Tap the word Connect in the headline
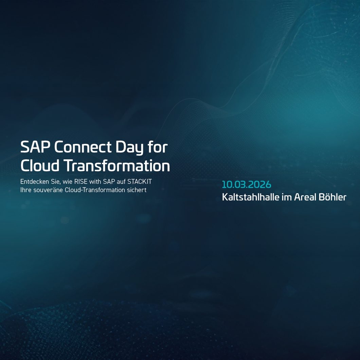point(83,147)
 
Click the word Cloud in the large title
point(40,166)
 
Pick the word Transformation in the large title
point(117,166)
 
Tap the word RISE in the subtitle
point(80,182)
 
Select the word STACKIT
point(139,182)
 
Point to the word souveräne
point(49,190)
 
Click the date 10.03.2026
point(247,184)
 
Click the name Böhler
point(333,197)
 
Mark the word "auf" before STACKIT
point(120,182)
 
